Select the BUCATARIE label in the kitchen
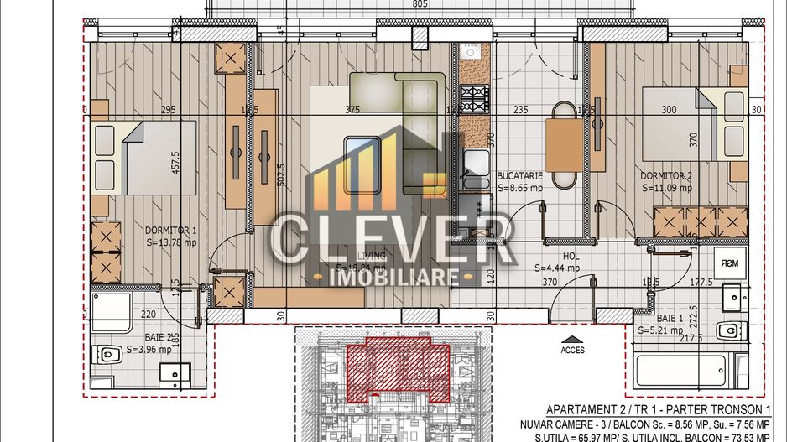tap(519, 176)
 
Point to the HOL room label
tap(556, 257)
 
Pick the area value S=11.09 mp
tap(668, 189)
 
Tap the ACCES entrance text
tap(573, 350)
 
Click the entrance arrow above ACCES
tap(573, 340)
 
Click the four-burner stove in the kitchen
tap(474, 98)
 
